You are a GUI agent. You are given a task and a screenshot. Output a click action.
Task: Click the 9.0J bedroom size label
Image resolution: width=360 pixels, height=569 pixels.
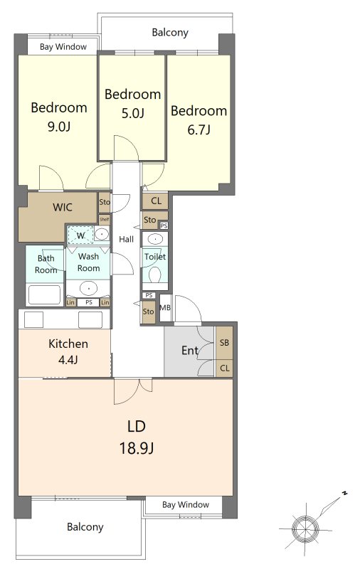click(59, 127)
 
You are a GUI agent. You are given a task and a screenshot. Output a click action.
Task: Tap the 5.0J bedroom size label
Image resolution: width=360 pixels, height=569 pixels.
click(133, 113)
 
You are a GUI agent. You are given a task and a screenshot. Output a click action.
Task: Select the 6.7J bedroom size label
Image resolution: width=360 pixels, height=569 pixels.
click(199, 129)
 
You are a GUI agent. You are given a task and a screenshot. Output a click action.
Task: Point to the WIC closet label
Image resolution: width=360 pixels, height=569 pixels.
click(63, 207)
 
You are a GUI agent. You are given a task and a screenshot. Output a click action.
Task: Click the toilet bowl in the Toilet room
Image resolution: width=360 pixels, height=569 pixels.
click(155, 275)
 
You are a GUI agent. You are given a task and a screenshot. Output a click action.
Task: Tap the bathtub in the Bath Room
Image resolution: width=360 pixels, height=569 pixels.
click(45, 294)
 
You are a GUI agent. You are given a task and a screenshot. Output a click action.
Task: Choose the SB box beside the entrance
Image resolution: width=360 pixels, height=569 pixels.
click(224, 343)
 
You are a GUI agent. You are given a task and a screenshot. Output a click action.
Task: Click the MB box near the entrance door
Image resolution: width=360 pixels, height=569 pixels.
click(165, 308)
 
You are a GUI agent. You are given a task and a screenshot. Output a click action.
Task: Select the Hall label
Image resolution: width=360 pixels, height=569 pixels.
click(126, 239)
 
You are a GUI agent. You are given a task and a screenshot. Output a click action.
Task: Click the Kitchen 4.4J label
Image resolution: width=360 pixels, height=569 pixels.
click(68, 351)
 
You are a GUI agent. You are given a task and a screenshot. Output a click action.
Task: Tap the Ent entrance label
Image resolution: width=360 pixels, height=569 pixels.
click(190, 350)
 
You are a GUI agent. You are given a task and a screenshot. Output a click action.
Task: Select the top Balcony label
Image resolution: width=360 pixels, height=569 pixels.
click(170, 32)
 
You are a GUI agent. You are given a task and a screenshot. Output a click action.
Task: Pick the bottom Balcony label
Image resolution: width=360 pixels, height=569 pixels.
click(85, 527)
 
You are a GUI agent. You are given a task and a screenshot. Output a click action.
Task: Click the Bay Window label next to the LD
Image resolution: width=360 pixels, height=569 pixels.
click(186, 504)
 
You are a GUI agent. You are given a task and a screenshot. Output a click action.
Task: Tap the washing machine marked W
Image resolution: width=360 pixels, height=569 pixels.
click(80, 235)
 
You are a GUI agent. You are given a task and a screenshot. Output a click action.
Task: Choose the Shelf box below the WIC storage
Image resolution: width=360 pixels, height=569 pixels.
click(104, 219)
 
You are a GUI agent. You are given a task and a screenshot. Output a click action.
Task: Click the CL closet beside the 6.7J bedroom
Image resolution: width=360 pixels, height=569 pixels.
click(155, 201)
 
